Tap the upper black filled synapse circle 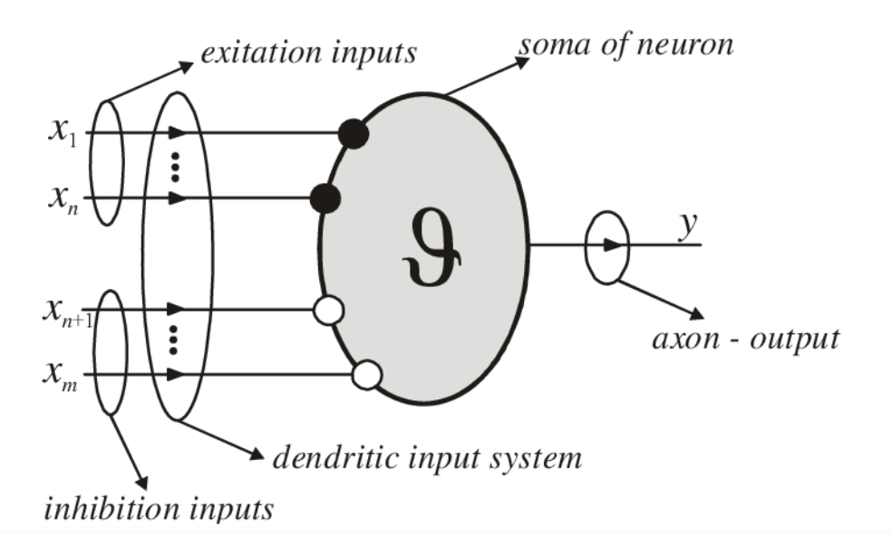coord(353,134)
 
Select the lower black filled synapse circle coord(325,197)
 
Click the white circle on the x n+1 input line coord(327,312)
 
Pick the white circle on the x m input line coord(365,374)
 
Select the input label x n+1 coord(64,312)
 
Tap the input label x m coord(63,374)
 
